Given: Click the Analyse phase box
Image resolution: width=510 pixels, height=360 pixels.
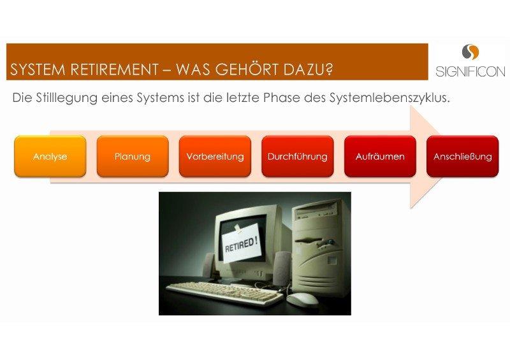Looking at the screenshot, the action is click(x=50, y=156).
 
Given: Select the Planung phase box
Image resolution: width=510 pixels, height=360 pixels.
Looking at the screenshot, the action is click(x=133, y=156).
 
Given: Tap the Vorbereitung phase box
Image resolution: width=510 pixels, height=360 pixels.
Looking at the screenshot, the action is click(x=215, y=156).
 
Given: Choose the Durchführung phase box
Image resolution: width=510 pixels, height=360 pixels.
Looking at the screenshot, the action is click(x=298, y=156).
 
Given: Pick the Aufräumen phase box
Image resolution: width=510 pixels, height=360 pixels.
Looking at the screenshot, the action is click(x=380, y=156).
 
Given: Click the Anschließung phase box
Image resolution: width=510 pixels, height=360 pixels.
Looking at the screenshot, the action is click(x=463, y=156).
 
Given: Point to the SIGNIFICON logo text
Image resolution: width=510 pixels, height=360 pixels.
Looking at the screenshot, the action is click(x=470, y=71).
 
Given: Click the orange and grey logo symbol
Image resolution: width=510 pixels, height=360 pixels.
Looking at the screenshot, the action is click(x=470, y=52).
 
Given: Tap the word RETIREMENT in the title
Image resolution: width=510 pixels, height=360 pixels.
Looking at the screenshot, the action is click(x=115, y=69).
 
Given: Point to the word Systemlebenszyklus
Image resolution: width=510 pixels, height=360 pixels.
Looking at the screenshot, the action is click(x=390, y=98).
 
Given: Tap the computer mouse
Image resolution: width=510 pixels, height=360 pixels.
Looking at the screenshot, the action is click(x=302, y=298).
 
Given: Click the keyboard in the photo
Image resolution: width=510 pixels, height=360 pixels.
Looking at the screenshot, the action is click(x=224, y=293).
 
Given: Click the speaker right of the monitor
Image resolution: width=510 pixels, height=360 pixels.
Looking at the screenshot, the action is click(x=282, y=268).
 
